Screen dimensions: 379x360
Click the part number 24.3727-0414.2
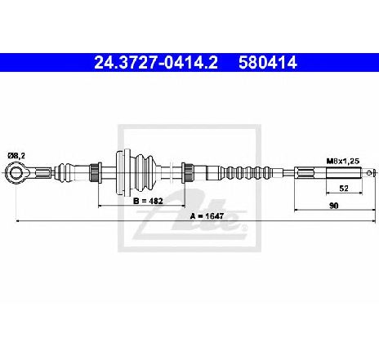156,63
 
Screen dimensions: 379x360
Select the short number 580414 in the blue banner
267,63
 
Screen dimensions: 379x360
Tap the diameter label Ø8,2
16,156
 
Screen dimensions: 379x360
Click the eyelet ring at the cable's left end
16,172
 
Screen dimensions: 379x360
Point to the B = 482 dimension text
148,201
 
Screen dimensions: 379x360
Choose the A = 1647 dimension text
207,216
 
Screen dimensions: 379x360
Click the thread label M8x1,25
343,161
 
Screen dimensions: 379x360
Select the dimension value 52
344,189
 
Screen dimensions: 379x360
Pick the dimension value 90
334,206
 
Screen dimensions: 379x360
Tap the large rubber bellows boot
144,172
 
